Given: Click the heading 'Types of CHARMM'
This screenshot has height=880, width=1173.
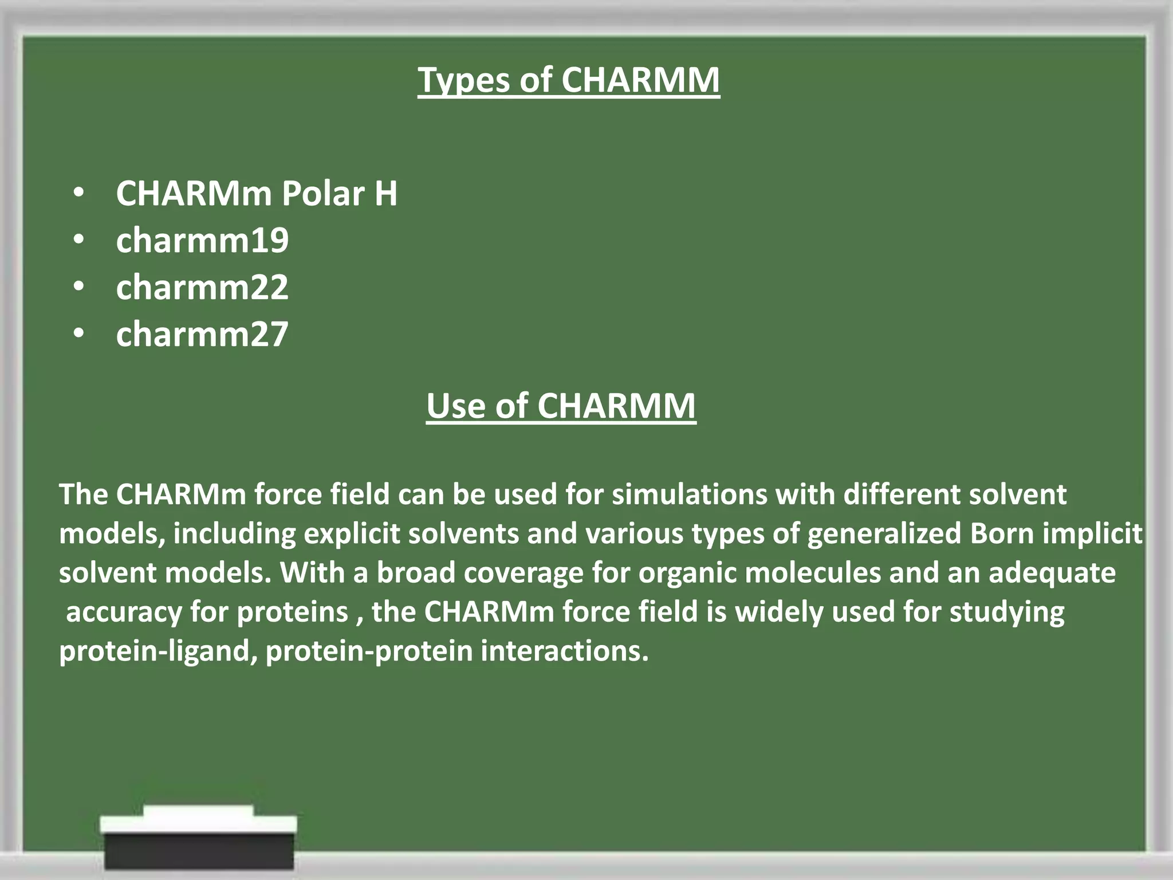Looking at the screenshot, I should pos(568,80).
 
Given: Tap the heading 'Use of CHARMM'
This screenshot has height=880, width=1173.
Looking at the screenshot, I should pos(561,406).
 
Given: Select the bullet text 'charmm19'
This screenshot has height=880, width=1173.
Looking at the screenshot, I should pos(202,240).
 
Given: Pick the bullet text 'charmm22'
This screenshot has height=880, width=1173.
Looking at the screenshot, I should pos(202,287).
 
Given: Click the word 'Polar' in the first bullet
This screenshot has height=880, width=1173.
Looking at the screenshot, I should pos(323,193).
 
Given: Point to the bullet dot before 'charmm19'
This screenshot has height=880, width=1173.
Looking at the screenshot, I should pos(79,240).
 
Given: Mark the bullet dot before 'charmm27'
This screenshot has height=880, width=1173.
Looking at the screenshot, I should pos(79,334).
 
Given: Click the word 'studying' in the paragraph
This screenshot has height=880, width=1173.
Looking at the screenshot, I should pos(1007,612).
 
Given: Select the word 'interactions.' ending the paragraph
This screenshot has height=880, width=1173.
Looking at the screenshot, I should pos(565,651).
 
